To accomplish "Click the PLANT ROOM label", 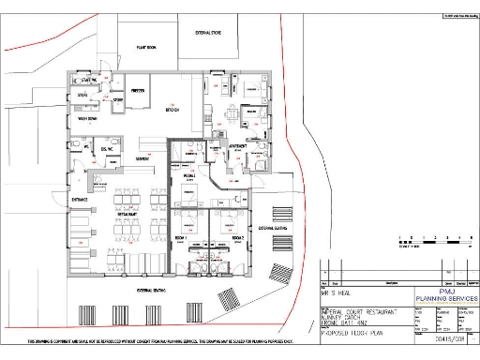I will click(145, 46).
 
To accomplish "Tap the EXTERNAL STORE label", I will click(208, 33).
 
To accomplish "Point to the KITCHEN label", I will click(172, 109).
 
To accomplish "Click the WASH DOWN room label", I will click(88, 120).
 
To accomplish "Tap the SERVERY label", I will click(143, 159).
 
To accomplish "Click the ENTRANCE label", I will click(80, 199).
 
